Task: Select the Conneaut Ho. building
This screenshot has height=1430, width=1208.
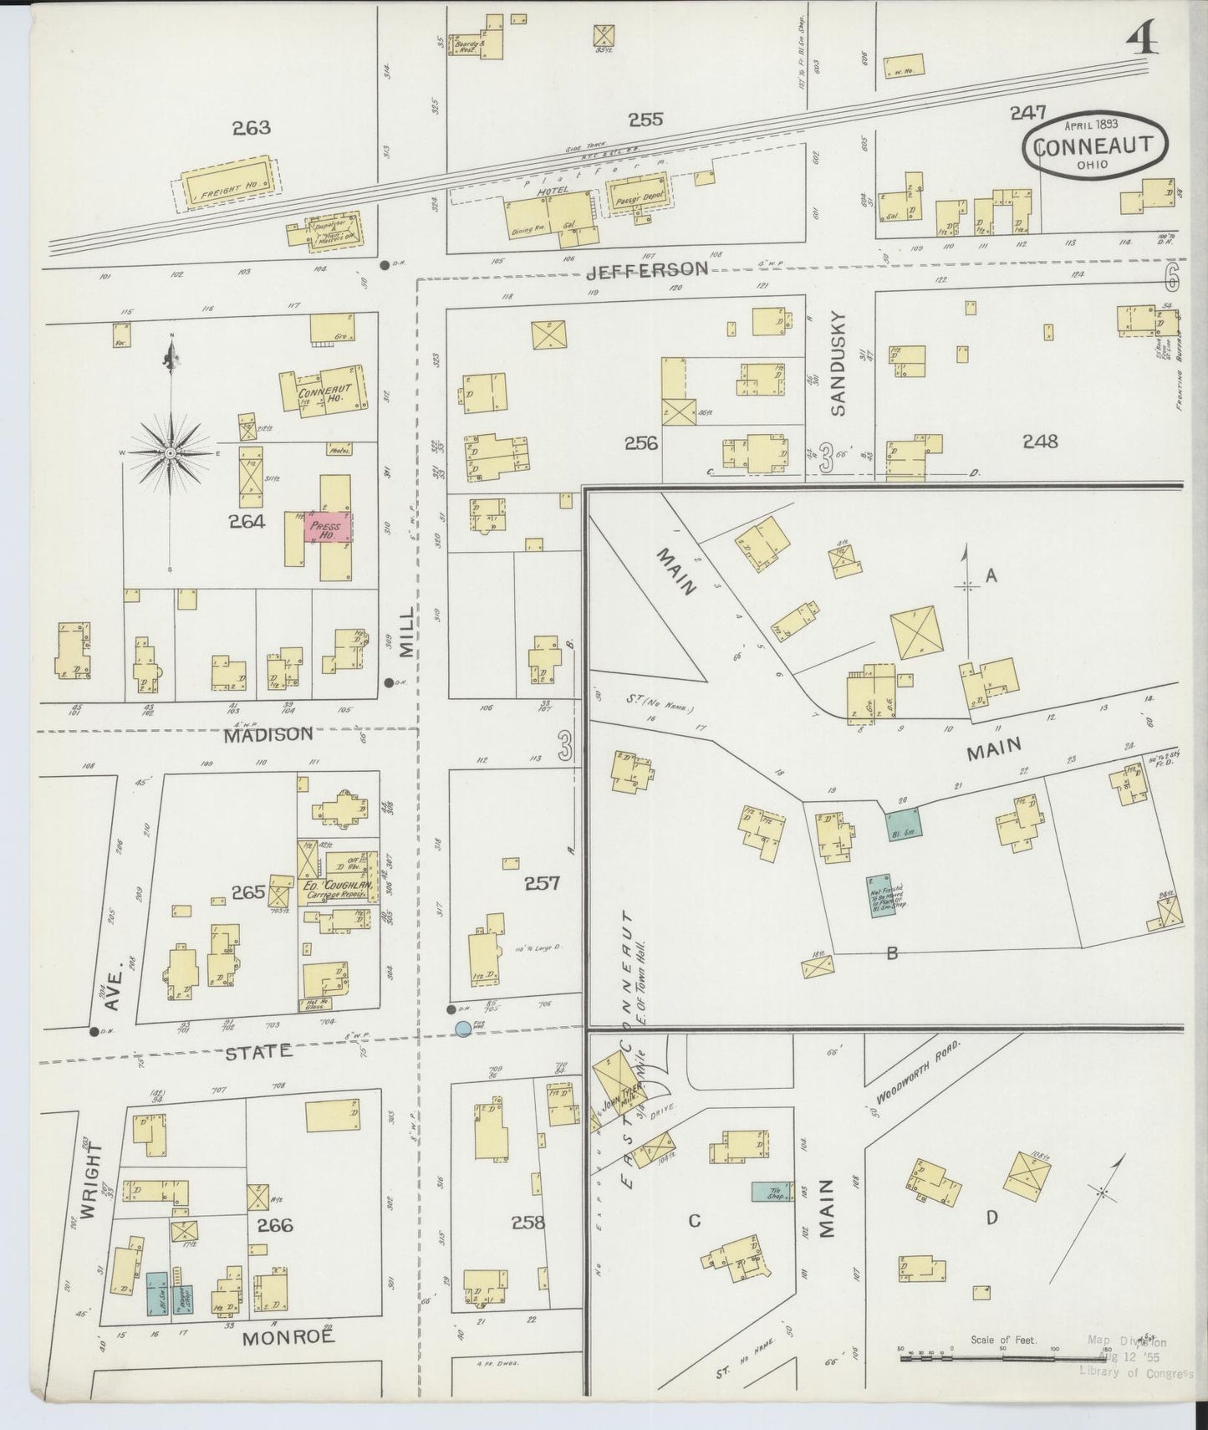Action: pos(323,390)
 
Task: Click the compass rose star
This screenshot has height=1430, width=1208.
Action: pos(171,452)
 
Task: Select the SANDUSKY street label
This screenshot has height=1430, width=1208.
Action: pos(839,364)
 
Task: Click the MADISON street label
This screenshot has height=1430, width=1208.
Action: pos(257,733)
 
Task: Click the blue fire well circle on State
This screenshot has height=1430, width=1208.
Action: pos(462,1029)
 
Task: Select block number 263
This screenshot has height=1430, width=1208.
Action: pos(252,128)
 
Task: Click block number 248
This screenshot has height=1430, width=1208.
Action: pos(1039,441)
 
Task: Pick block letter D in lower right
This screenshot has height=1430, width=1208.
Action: pos(991,1218)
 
